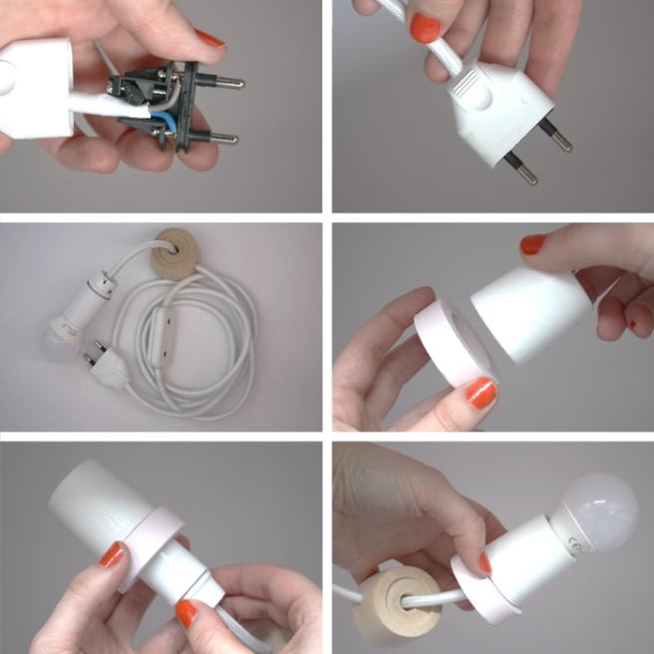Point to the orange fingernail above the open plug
209,38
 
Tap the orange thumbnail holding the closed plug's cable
425,27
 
